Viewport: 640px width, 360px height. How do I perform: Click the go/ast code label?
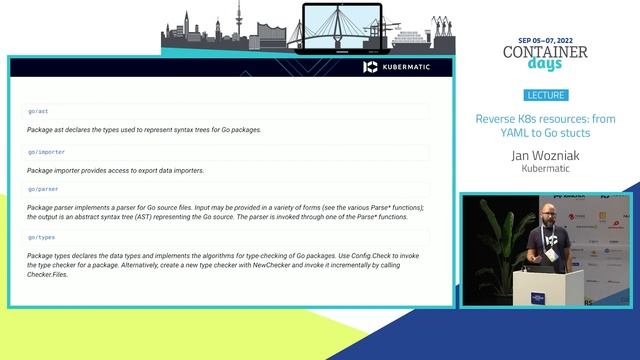(x=37, y=111)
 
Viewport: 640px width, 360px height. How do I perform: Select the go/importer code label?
(x=45, y=152)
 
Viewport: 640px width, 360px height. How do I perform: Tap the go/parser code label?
(x=43, y=188)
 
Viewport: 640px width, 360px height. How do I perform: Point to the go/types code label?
(x=42, y=237)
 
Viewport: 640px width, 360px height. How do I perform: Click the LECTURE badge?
(x=545, y=96)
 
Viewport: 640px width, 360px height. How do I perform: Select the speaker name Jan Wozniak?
(x=545, y=155)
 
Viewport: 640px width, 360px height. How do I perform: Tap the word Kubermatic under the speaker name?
(x=545, y=169)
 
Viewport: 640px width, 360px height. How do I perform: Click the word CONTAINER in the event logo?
(x=545, y=51)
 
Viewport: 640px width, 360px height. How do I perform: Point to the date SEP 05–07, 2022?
(x=546, y=32)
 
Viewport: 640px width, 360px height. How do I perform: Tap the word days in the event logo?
(x=546, y=64)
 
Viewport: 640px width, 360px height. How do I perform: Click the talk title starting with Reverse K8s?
(x=545, y=125)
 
